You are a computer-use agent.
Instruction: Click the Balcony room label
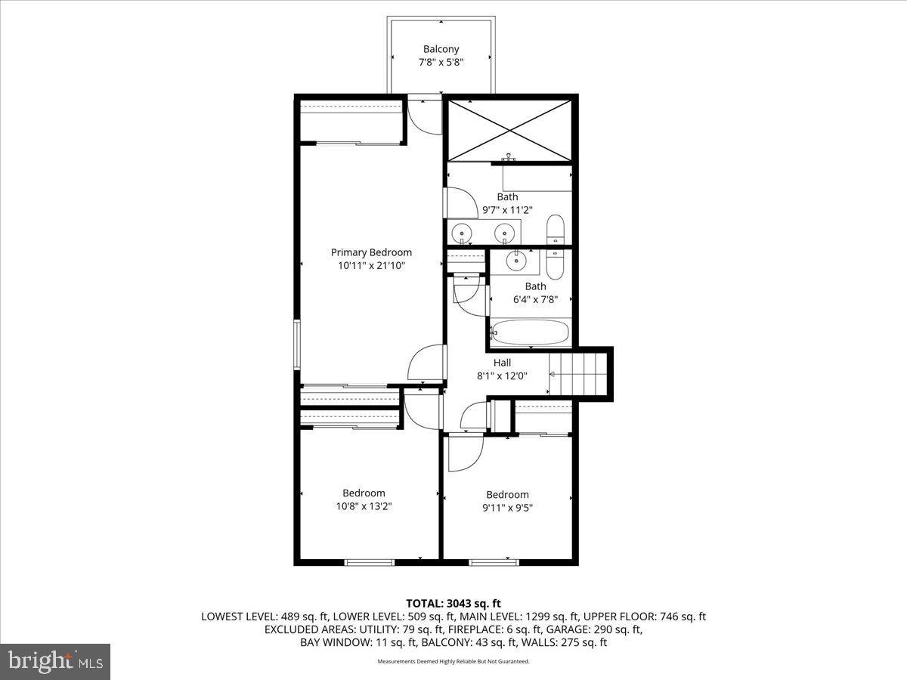coord(441,49)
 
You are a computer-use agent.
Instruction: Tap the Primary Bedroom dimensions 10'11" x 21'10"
coord(371,265)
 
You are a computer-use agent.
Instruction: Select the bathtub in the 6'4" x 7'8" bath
coord(530,332)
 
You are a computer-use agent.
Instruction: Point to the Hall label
coord(502,363)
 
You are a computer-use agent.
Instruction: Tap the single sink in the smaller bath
coord(517,261)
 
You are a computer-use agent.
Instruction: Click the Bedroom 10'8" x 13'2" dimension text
coord(364,506)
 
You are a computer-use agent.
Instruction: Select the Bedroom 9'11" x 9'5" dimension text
coord(507,508)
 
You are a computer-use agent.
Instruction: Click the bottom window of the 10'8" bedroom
coord(370,561)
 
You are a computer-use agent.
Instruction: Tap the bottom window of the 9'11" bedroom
coord(494,561)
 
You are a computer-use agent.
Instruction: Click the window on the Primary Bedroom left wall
coord(297,344)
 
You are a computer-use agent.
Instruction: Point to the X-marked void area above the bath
coord(510,128)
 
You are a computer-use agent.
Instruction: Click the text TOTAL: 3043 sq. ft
coord(453,603)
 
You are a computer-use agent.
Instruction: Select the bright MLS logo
coord(55,662)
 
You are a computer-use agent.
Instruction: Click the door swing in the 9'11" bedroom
coord(463,453)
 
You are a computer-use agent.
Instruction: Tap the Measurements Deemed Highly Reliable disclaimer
coord(453,661)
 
